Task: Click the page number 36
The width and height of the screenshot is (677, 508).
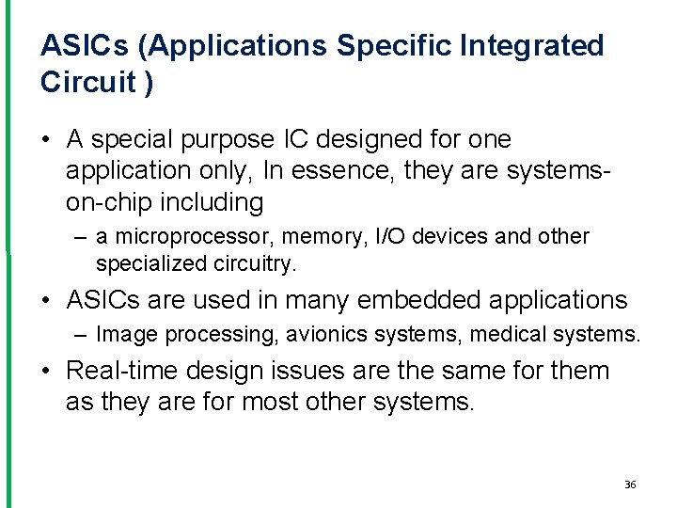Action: [630, 484]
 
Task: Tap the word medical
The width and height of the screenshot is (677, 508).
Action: [510, 334]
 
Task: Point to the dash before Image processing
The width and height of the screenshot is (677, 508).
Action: [82, 334]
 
